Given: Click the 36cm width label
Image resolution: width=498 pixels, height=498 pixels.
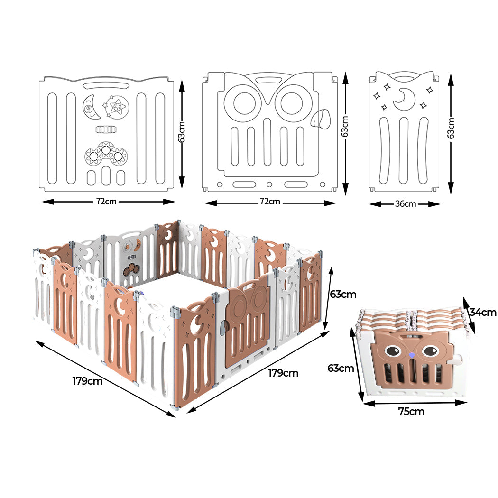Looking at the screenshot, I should [405, 204].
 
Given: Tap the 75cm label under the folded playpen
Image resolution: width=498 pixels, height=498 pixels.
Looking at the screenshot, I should [411, 412].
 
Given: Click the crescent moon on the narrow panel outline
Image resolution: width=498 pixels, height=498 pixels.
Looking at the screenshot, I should [404, 98].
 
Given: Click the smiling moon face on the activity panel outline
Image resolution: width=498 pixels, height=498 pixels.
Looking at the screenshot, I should [91, 107].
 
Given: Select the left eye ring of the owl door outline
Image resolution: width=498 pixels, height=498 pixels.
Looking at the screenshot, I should [242, 103].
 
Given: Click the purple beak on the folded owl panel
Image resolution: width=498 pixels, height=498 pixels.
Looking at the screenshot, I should [411, 355].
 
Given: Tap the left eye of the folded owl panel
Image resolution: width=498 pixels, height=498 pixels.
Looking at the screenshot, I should [393, 351].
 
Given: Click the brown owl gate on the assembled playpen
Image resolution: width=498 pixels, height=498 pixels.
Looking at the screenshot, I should [247, 327].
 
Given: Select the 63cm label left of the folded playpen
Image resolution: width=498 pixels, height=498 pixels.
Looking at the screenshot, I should [341, 368].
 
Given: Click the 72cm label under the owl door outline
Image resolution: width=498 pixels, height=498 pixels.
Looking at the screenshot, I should [270, 202].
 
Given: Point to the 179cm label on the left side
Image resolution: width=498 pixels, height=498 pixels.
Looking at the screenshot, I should [87, 381].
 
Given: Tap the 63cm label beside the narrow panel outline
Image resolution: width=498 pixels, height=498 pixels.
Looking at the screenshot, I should [451, 128].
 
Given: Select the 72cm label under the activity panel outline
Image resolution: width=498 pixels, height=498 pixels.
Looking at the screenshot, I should [106, 201].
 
